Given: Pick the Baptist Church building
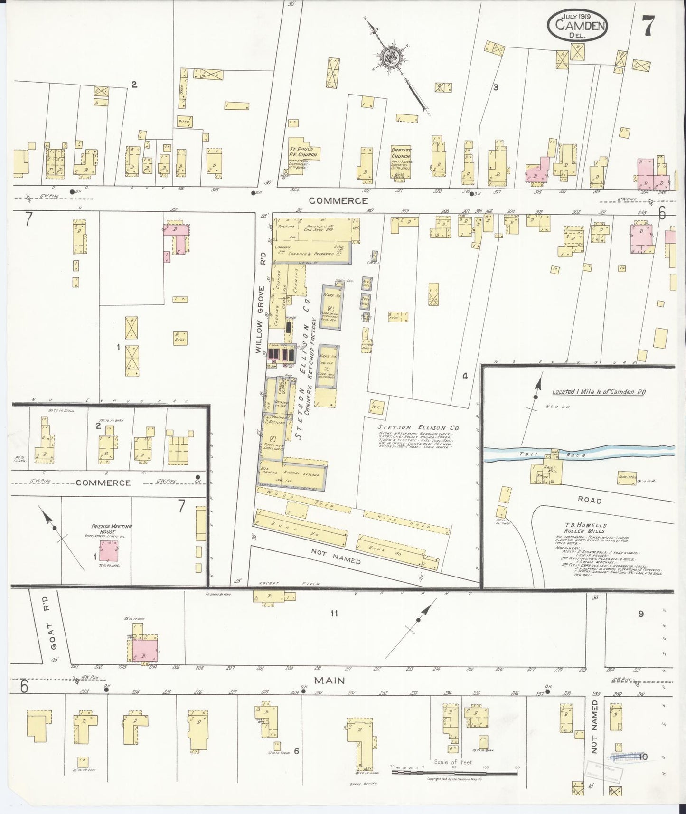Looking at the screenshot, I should click(x=401, y=162).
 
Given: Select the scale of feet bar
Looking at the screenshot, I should click(x=454, y=773).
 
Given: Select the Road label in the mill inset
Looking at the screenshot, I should click(x=590, y=500).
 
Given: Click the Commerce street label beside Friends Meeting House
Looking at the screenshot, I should click(x=103, y=483).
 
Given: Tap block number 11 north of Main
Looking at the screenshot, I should click(x=334, y=614).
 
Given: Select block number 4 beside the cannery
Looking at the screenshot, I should click(x=465, y=376).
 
